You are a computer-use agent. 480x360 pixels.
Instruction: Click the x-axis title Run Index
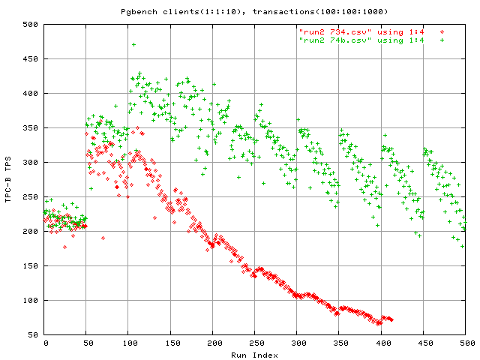(255, 354)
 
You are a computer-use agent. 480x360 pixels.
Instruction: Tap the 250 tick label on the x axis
(255, 343)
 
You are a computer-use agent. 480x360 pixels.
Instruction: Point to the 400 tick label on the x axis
(381, 343)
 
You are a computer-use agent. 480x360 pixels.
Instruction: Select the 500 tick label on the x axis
(465, 343)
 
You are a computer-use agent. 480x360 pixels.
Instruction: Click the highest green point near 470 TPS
(133, 44)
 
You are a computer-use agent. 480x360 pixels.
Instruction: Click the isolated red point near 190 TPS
(103, 238)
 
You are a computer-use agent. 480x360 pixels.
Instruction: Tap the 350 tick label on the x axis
(339, 343)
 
